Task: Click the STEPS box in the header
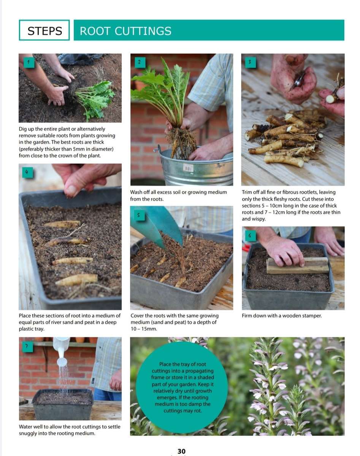point(44,30)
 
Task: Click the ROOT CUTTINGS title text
point(125,31)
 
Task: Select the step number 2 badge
point(139,62)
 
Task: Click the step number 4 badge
point(27,172)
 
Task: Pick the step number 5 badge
point(139,215)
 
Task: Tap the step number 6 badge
point(250,236)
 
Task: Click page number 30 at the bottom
point(182,451)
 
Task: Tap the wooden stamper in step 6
point(298,265)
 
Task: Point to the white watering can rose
point(62,361)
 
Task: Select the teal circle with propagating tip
point(181,387)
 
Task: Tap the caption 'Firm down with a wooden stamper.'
point(282,316)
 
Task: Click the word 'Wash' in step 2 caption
point(137,192)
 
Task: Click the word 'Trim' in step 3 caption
point(247,192)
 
